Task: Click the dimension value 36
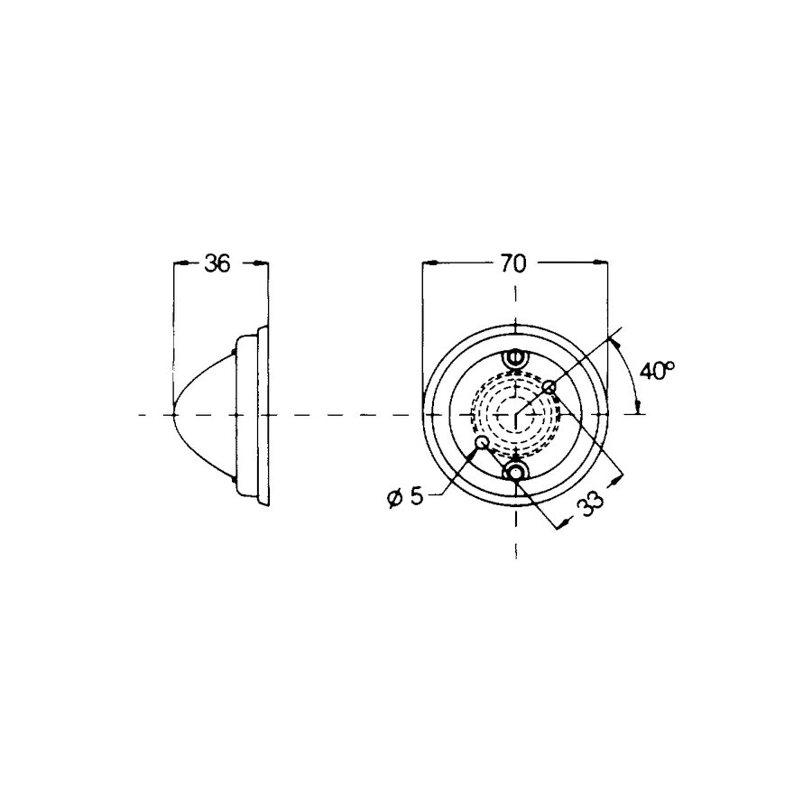click(x=217, y=263)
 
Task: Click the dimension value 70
click(x=513, y=263)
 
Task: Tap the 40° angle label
click(x=657, y=371)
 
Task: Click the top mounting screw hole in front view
click(x=515, y=359)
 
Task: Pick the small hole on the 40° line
click(x=549, y=387)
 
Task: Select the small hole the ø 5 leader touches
click(x=483, y=443)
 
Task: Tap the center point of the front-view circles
click(x=515, y=415)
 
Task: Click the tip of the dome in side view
click(x=173, y=415)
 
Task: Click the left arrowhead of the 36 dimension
click(x=179, y=263)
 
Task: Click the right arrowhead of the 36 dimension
click(x=263, y=263)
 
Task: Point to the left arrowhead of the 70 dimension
click(x=429, y=263)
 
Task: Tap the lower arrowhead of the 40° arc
click(x=639, y=408)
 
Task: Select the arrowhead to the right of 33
click(x=617, y=479)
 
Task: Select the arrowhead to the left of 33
click(x=562, y=523)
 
